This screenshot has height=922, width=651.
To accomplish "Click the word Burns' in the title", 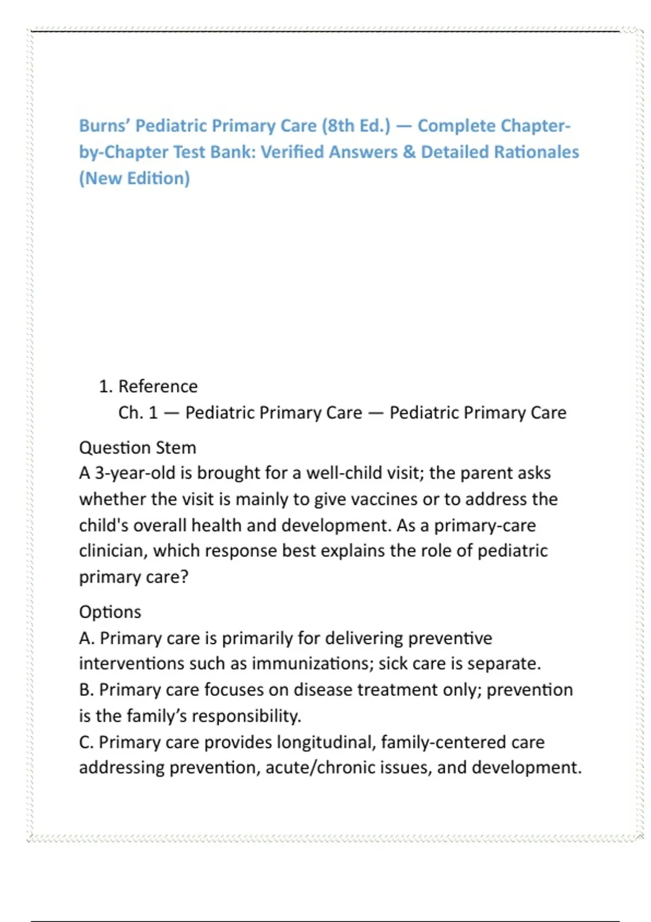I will click(104, 126).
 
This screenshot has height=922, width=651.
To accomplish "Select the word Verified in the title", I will click(292, 152).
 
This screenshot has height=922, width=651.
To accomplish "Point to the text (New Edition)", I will click(135, 178).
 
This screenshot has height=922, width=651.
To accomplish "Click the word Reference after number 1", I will click(158, 387).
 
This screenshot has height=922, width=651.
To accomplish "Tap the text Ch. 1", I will click(138, 413).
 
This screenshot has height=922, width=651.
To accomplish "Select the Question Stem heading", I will click(137, 448).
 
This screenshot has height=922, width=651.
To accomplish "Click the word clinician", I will click(113, 551).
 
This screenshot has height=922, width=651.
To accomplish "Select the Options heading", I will click(110, 612).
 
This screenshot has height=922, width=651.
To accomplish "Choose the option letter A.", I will click(86, 638).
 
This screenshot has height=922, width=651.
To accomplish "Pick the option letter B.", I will click(86, 690).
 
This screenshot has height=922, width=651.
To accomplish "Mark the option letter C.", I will click(86, 742).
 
